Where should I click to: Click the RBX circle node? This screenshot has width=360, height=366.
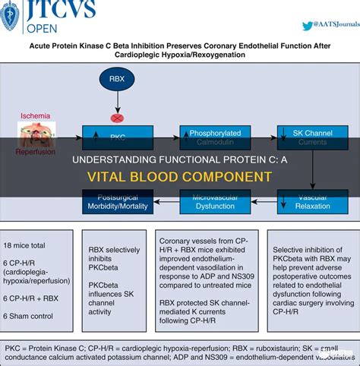tap(116, 78)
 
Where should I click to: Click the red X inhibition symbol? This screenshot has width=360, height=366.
tap(116, 118)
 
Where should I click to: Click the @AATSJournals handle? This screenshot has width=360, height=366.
tap(331, 26)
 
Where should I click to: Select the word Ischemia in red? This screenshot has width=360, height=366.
tap(36, 116)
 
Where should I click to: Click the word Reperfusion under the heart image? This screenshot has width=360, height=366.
tap(36, 152)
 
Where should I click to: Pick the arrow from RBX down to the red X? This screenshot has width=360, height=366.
tap(116, 103)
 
